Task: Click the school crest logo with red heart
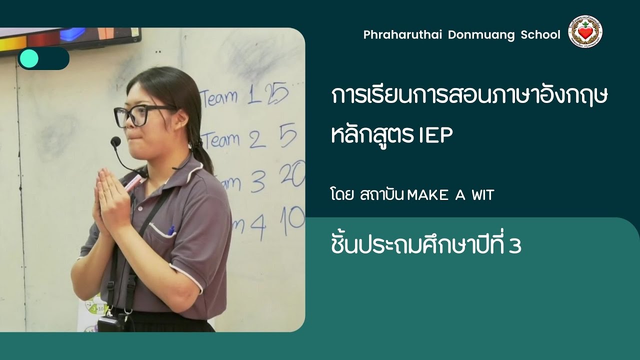pyautogui.click(x=585, y=32)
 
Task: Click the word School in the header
pyautogui.click(x=540, y=35)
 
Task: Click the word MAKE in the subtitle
pyautogui.click(x=428, y=195)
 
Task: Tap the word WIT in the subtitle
pyautogui.click(x=482, y=195)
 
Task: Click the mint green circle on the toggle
pyautogui.click(x=29, y=58)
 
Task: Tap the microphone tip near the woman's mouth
pyautogui.click(x=115, y=142)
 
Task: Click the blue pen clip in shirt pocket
pyautogui.click(x=171, y=230)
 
